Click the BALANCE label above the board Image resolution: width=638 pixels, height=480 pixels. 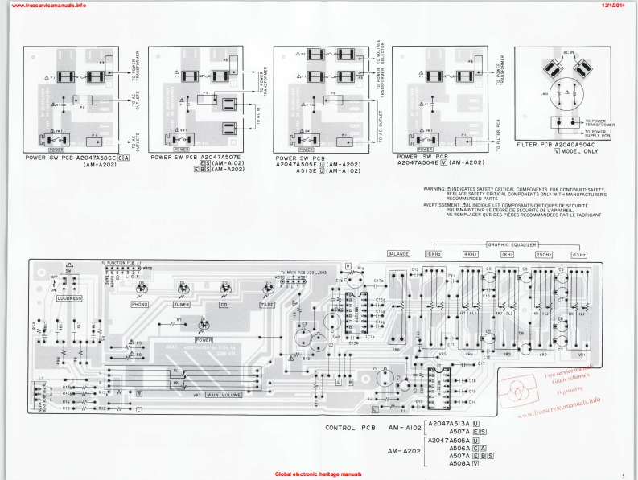[x=400, y=254]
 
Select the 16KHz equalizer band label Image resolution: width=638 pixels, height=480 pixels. [x=435, y=254]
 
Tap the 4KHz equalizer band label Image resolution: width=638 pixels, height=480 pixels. [x=471, y=254]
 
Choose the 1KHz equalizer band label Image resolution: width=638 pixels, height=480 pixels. [x=508, y=254]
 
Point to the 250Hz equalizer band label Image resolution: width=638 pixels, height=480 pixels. [x=544, y=254]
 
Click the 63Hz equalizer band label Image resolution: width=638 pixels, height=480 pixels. [x=578, y=254]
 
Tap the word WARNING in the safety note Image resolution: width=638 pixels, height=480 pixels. [x=435, y=188]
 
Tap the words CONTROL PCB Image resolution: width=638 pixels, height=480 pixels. [x=352, y=428]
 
